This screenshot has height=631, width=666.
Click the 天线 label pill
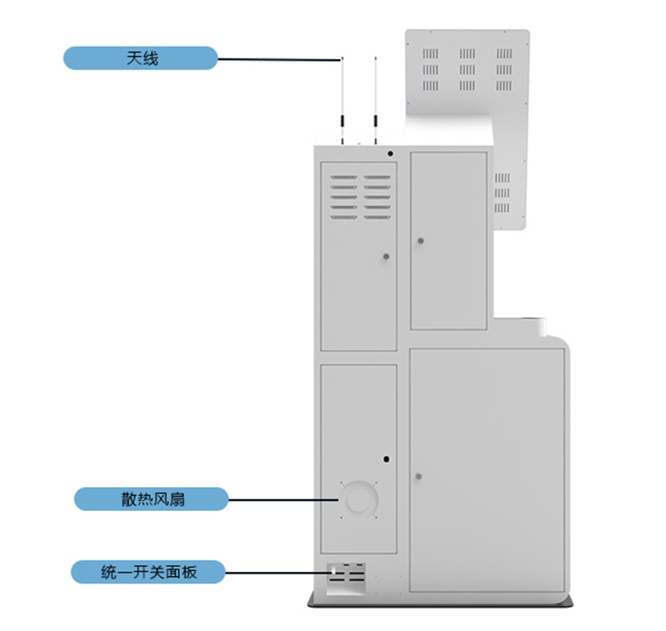(x=141, y=58)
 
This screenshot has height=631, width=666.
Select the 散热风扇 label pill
(x=152, y=499)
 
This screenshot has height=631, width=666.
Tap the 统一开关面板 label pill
(x=148, y=572)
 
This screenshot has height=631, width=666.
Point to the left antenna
(x=342, y=100)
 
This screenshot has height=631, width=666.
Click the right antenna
(x=375, y=100)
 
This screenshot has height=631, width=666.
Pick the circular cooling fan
(x=359, y=499)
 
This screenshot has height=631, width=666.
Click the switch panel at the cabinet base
(x=346, y=579)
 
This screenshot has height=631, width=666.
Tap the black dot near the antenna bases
(x=390, y=153)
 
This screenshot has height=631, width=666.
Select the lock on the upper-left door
(x=386, y=256)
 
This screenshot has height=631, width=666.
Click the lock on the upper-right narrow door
(x=420, y=241)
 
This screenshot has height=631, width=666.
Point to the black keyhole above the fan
(x=386, y=459)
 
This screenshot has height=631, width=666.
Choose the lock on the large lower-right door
(x=419, y=476)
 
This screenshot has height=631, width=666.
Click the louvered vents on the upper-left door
(x=360, y=197)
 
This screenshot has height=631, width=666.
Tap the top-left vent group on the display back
(x=430, y=54)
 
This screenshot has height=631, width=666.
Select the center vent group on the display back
(x=467, y=70)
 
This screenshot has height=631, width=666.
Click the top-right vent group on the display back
(x=504, y=54)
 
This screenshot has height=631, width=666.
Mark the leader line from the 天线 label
(x=279, y=59)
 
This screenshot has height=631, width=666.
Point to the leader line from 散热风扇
(x=283, y=499)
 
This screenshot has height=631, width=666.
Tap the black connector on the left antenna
(x=342, y=121)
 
